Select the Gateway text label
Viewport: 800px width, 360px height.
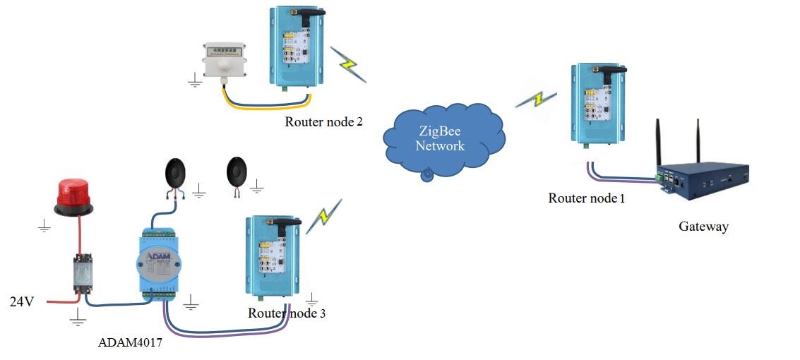point(703,227)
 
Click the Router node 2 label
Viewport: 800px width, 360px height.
point(323,121)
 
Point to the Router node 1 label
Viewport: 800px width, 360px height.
point(587,198)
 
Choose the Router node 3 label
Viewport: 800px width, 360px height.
point(287,313)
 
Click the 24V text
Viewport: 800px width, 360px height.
point(22,301)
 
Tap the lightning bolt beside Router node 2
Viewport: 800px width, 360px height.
point(349,65)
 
